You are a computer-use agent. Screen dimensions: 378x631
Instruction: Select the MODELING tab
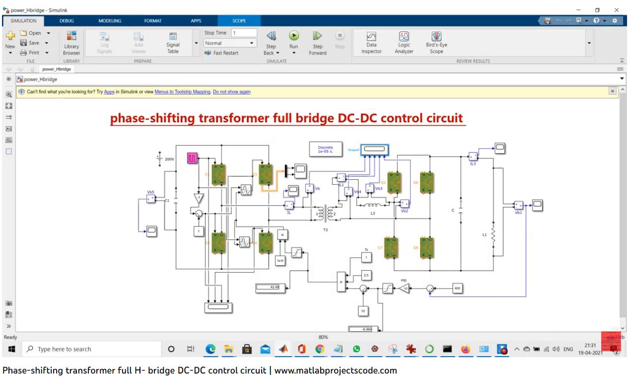110,21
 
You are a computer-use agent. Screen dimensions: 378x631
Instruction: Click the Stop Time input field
244,33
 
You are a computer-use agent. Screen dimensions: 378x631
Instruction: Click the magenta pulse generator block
192,158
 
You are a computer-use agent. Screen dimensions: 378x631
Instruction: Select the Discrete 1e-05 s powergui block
326,150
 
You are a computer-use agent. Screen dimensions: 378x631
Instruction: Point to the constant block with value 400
458,288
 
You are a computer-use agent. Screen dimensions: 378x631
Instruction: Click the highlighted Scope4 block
375,149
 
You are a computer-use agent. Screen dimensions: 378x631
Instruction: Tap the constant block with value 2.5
366,275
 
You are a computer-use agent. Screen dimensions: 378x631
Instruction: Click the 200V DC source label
169,159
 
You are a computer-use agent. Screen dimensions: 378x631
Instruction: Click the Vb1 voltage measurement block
518,205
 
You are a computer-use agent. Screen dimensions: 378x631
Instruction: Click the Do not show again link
232,92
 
